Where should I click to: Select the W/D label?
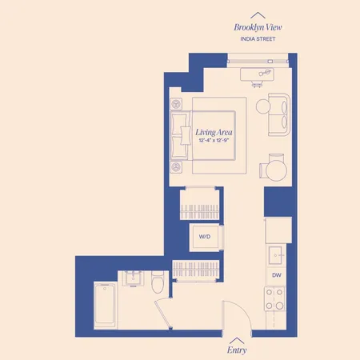point(204,237)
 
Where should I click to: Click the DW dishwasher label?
point(277,276)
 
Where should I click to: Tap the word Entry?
point(237,350)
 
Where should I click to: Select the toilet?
point(158,282)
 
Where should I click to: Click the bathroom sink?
point(131,278)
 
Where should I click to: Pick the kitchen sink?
point(277,254)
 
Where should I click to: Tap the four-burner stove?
point(276,302)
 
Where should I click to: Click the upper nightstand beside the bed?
point(176,105)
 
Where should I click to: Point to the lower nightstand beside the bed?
point(176,166)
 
